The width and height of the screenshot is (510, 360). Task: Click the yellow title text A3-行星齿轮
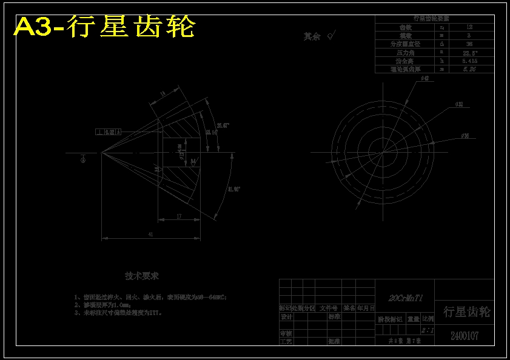click(105, 27)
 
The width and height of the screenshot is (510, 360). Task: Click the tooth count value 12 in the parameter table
click(469, 27)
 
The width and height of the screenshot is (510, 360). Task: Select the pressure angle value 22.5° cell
click(469, 53)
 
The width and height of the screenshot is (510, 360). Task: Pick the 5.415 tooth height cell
click(469, 61)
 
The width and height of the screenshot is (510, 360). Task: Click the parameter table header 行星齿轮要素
click(434, 19)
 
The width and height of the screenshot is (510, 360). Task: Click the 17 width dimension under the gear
click(179, 216)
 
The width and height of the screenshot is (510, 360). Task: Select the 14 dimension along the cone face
click(163, 93)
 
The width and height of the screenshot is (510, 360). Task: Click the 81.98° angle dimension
click(235, 190)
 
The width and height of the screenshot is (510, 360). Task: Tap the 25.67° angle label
click(223, 125)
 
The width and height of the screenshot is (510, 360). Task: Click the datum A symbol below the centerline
click(83, 160)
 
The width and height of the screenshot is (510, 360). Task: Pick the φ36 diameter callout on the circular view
click(465, 136)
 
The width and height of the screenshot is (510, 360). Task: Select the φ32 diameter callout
click(458, 105)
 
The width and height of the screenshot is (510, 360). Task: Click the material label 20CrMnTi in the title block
click(405, 298)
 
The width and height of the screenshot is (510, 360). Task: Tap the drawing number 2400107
click(464, 336)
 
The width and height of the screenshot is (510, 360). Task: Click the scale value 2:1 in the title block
click(428, 330)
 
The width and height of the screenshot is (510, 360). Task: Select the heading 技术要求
click(142, 276)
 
